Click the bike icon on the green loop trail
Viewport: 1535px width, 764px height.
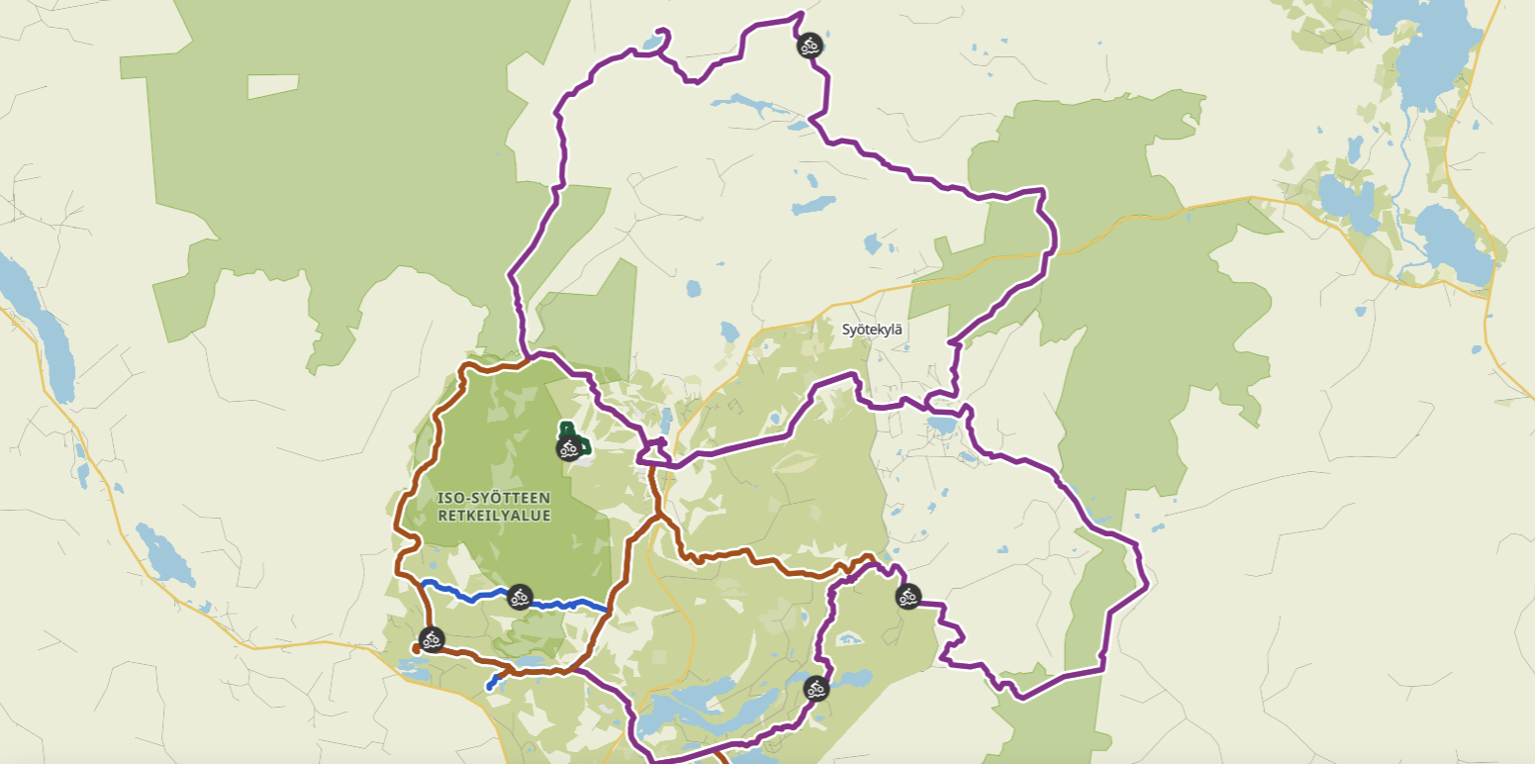click(568, 449)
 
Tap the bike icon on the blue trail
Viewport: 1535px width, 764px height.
click(520, 597)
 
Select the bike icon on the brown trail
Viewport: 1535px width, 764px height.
click(431, 638)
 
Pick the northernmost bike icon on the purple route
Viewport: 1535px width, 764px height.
click(810, 45)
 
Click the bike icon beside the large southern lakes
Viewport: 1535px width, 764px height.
click(815, 688)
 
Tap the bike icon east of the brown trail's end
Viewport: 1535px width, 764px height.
click(908, 596)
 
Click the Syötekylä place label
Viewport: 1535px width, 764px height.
click(872, 329)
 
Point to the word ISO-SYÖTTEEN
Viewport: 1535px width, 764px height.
click(494, 497)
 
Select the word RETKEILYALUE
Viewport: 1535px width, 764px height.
click(494, 515)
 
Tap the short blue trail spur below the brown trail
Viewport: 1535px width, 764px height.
click(494, 682)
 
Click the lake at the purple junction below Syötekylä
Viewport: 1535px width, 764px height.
click(941, 426)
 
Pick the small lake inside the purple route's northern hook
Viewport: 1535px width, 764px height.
click(650, 43)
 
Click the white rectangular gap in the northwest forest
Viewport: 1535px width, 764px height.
click(273, 86)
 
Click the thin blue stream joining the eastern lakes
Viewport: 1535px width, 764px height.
click(1404, 148)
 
